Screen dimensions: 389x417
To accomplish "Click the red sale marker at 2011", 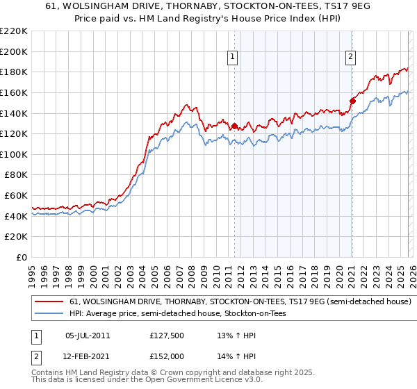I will click(x=234, y=126).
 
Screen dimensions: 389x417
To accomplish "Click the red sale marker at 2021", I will click(x=352, y=101).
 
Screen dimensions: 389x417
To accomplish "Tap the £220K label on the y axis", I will click(x=15, y=31).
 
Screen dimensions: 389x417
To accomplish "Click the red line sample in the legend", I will click(x=49, y=302).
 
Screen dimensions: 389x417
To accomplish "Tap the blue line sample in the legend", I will click(x=49, y=314).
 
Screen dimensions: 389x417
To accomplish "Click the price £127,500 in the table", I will click(x=167, y=335).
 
